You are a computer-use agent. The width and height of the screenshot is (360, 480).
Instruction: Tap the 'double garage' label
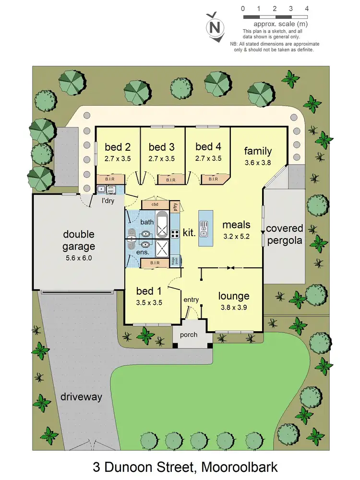(x=79, y=240)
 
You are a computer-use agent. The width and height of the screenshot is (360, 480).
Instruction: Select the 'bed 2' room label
(x=118, y=147)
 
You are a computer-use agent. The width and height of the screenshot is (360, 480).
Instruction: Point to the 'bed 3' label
(x=161, y=147)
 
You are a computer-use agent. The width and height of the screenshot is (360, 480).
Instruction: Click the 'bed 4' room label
(x=208, y=147)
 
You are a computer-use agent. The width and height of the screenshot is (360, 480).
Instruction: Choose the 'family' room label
(x=258, y=151)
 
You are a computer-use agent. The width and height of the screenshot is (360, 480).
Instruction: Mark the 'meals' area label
(x=236, y=225)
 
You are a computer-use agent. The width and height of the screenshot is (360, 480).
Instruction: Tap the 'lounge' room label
(x=234, y=296)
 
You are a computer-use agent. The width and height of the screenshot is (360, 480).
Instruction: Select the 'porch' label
(x=189, y=335)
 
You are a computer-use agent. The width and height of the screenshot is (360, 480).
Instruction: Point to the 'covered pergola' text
(x=284, y=234)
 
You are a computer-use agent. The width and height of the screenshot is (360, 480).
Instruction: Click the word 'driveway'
(x=81, y=397)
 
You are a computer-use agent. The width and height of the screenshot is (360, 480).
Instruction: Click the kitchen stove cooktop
(x=175, y=234)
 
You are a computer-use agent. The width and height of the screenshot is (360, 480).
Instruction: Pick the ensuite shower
(x=161, y=250)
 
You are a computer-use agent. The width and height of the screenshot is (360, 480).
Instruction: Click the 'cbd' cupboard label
(x=155, y=204)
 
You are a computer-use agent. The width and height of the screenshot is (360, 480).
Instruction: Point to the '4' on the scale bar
(x=306, y=9)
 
